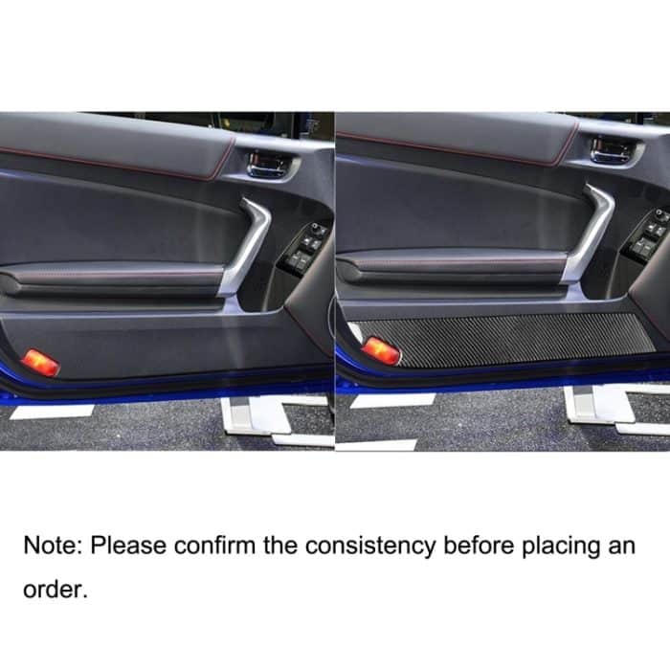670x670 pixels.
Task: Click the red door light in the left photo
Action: pyautogui.click(x=40, y=363)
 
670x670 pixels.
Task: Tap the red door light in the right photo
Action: pyautogui.click(x=381, y=351)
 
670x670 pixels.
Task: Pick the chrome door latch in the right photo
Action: pyautogui.click(x=612, y=150)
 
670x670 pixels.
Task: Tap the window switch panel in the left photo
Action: pyautogui.click(x=304, y=249)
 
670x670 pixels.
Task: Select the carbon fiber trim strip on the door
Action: pyautogui.click(x=504, y=341)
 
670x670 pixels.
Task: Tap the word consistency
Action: pyautogui.click(x=370, y=547)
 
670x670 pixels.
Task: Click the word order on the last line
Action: pyautogui.click(x=56, y=590)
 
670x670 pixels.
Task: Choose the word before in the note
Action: pyautogui.click(x=479, y=546)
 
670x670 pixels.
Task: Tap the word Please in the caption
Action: pyautogui.click(x=127, y=546)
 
